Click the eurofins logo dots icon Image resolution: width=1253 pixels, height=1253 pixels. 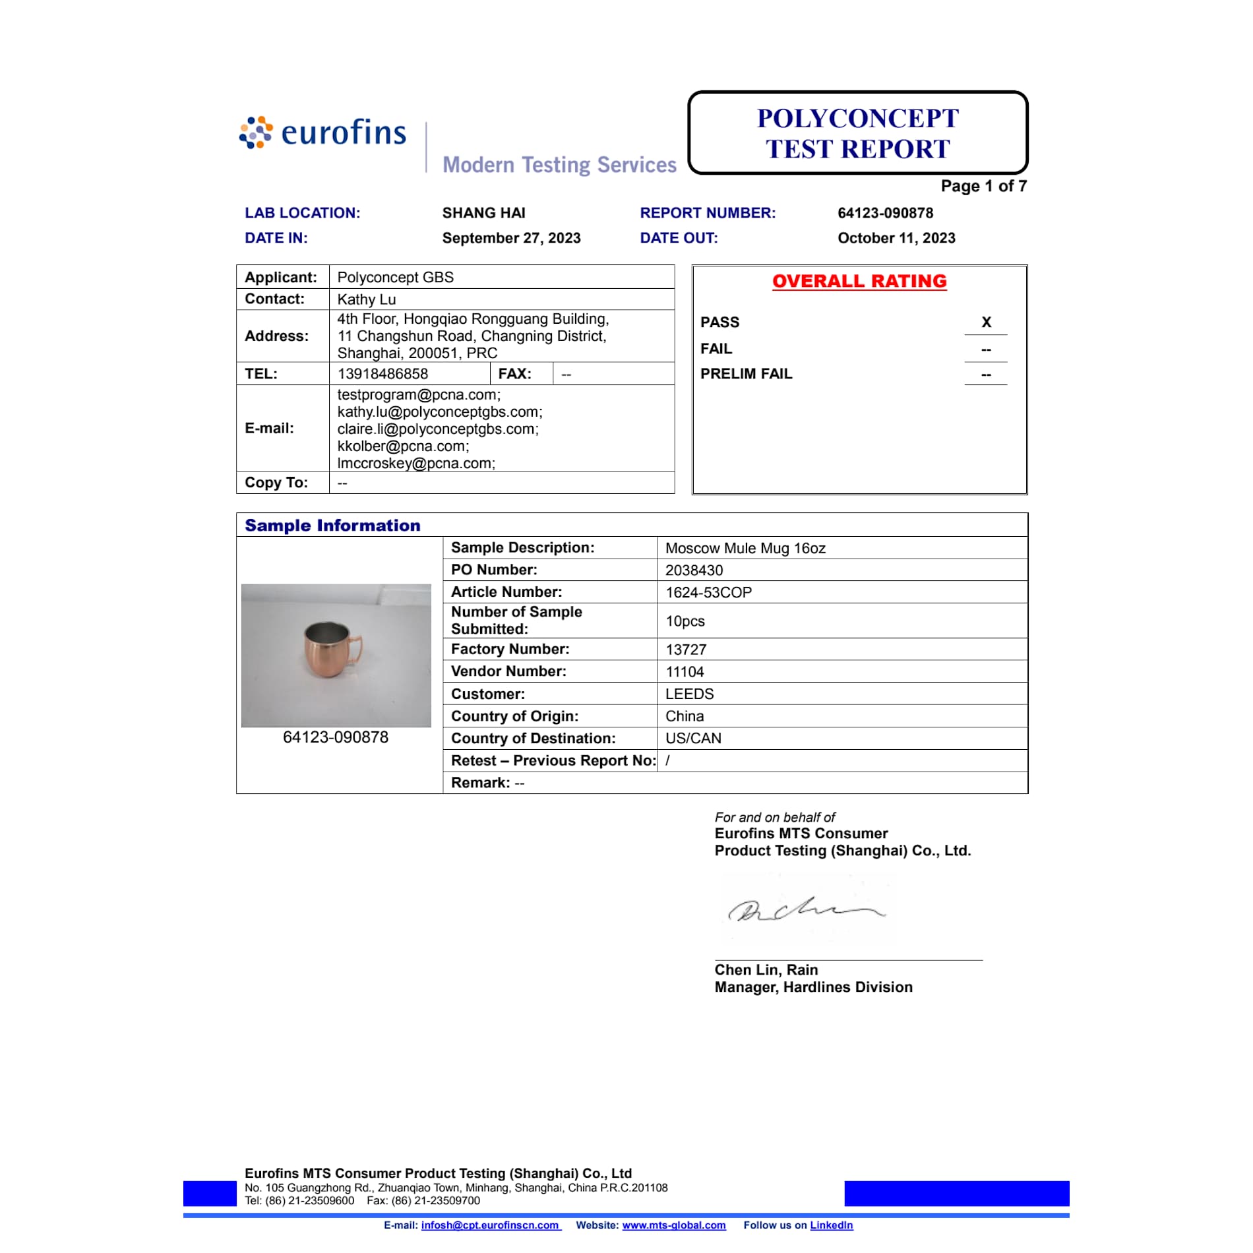coord(256,133)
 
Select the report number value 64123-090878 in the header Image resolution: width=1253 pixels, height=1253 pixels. coord(885,213)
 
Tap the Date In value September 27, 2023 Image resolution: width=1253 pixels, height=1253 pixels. coord(511,238)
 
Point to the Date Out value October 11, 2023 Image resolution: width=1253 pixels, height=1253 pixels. coord(896,238)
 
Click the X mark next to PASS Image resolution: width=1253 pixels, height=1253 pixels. coord(986,322)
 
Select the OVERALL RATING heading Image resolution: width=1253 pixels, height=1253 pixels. coord(859,282)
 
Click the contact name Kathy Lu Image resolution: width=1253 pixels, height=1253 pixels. coord(367,299)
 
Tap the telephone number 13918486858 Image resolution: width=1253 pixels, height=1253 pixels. coord(382,374)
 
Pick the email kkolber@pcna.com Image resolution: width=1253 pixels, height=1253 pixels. coord(402,446)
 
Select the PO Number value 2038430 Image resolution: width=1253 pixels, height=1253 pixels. coord(694,570)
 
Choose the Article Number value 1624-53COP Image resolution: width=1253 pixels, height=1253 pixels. coord(708,592)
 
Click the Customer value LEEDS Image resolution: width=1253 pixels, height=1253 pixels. coord(689,694)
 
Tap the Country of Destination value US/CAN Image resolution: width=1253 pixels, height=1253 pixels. coord(693,739)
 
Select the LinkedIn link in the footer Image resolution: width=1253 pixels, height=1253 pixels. coord(831,1225)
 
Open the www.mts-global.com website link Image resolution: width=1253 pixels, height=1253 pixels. coord(673,1225)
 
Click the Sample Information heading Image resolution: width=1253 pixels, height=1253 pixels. coord(332,526)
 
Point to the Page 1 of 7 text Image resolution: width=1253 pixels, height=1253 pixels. coord(983,187)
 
